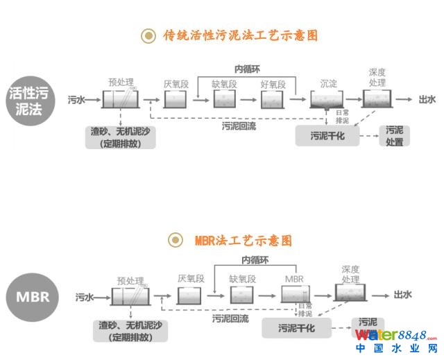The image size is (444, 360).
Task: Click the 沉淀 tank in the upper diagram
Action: coord(327,101)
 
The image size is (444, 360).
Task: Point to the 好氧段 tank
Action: coord(273,101)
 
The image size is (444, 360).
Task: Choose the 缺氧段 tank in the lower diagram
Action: coord(242,295)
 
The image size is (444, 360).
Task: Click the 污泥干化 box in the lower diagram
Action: coord(296,327)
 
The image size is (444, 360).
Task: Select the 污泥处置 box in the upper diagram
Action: coord(395,135)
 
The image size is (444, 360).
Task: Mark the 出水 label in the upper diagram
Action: coord(427,100)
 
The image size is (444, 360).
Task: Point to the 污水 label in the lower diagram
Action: coord(85,297)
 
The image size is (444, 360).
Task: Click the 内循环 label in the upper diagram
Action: coord(248,69)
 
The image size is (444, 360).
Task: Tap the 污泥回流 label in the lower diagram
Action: coord(231,318)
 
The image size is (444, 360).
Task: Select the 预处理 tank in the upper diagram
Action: coord(121,99)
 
